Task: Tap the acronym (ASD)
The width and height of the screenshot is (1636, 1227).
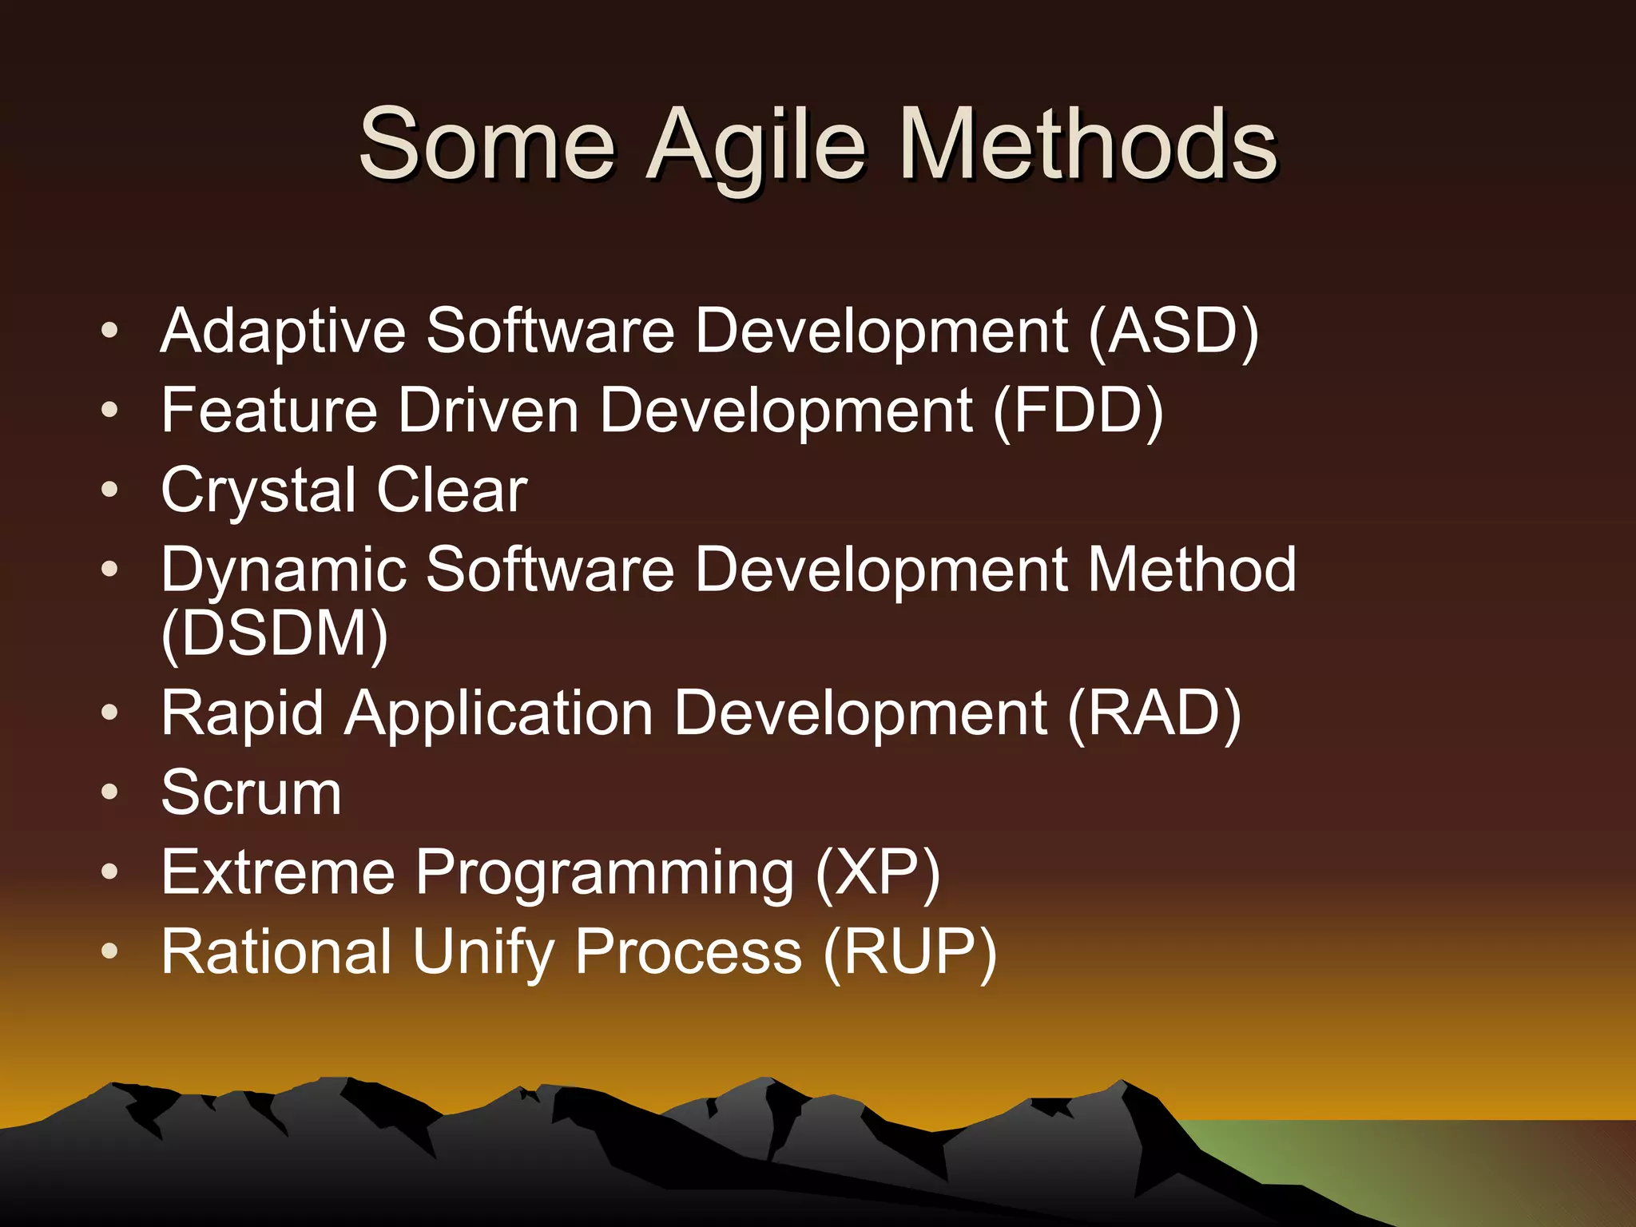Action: (1173, 332)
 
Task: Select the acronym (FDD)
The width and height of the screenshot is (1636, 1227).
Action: (1078, 411)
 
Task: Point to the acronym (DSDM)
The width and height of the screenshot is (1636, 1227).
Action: (274, 634)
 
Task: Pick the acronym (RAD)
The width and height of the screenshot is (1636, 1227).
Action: (1154, 713)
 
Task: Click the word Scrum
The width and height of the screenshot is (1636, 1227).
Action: (251, 793)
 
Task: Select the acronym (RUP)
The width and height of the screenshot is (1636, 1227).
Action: (909, 952)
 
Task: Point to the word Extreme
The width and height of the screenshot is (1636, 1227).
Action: (277, 872)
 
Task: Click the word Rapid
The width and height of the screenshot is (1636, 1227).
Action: (242, 713)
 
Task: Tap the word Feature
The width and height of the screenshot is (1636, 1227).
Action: (268, 411)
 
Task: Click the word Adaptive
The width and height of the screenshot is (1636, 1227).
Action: (283, 332)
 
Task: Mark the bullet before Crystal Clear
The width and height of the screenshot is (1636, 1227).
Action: (109, 489)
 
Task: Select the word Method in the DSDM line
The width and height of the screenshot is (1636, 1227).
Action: (1192, 570)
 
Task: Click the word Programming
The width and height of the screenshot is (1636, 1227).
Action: (605, 873)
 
